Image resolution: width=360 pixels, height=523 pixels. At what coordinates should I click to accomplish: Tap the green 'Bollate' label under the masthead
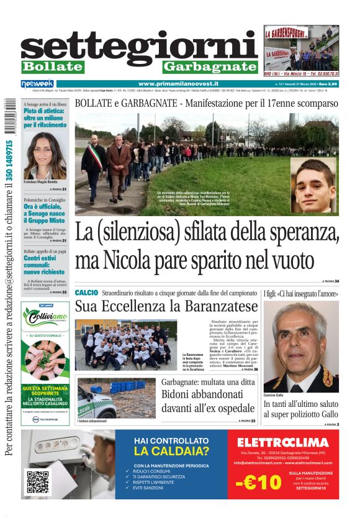point(52,67)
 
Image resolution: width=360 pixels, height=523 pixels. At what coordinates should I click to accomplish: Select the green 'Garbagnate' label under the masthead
point(210,67)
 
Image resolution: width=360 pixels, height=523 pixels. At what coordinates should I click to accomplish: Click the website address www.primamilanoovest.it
point(179,83)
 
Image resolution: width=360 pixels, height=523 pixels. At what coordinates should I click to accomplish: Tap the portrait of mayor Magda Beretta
point(45,156)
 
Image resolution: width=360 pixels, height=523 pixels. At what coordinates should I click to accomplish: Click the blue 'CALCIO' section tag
point(86,293)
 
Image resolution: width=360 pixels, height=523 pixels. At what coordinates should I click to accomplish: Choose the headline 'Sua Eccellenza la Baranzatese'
point(166,306)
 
